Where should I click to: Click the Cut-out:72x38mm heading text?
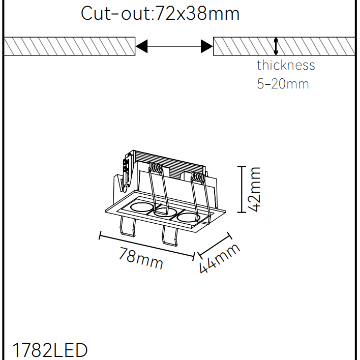tap(160, 14)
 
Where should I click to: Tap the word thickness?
tap(286, 65)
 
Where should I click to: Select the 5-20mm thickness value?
tap(283, 83)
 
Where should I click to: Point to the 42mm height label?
tap(255, 190)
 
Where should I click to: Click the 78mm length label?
tap(140, 258)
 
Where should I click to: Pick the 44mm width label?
tap(219, 258)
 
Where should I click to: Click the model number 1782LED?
tap(50, 350)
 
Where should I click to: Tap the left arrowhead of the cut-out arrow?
tap(142, 46)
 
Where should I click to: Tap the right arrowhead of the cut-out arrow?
tap(206, 46)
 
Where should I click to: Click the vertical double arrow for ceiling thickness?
tap(276, 46)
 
